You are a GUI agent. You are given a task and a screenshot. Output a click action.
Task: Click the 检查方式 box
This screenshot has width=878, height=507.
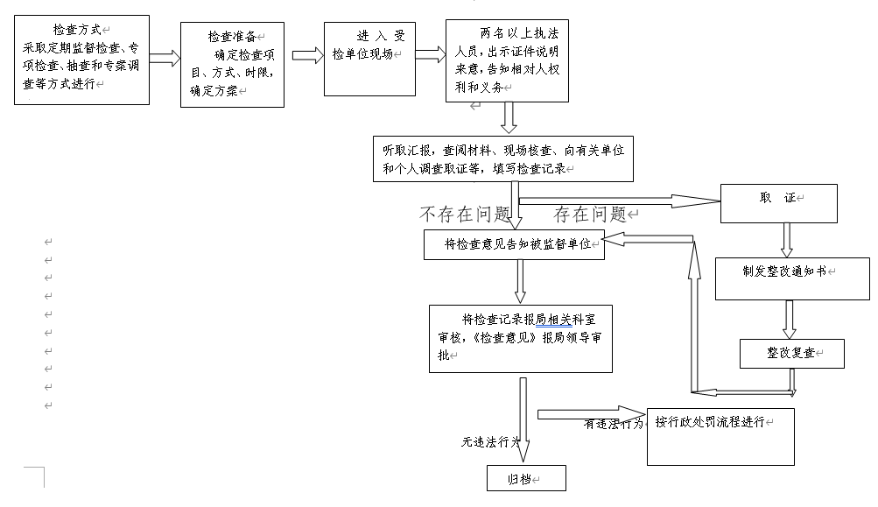point(81,60)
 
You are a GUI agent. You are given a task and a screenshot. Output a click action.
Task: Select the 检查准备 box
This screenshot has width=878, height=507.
point(232,65)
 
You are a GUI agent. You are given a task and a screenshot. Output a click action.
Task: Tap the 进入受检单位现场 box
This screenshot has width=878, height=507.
point(369,59)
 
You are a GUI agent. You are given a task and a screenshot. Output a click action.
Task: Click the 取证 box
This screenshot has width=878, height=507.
point(778,203)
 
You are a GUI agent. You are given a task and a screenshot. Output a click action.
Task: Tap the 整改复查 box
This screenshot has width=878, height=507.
point(791,353)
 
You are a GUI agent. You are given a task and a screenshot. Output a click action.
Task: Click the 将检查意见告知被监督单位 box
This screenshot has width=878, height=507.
point(514,244)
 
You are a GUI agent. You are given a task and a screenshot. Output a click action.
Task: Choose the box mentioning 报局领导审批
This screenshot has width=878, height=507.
point(519,338)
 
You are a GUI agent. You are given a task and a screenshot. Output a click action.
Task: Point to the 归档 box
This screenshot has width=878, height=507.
point(526,478)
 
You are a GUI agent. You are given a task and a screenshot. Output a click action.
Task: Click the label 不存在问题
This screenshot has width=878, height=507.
point(465,215)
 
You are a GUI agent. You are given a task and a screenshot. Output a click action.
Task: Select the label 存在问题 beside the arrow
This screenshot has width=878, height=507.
point(591,215)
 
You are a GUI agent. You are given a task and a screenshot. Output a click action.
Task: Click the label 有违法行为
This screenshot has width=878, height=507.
point(613,424)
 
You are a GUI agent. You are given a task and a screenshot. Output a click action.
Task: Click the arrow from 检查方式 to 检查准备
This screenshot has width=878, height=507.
point(165,59)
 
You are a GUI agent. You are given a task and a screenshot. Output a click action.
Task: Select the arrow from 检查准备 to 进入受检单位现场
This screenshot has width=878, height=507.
point(307,56)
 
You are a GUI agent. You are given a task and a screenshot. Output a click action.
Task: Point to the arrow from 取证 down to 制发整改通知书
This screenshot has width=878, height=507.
point(787,239)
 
